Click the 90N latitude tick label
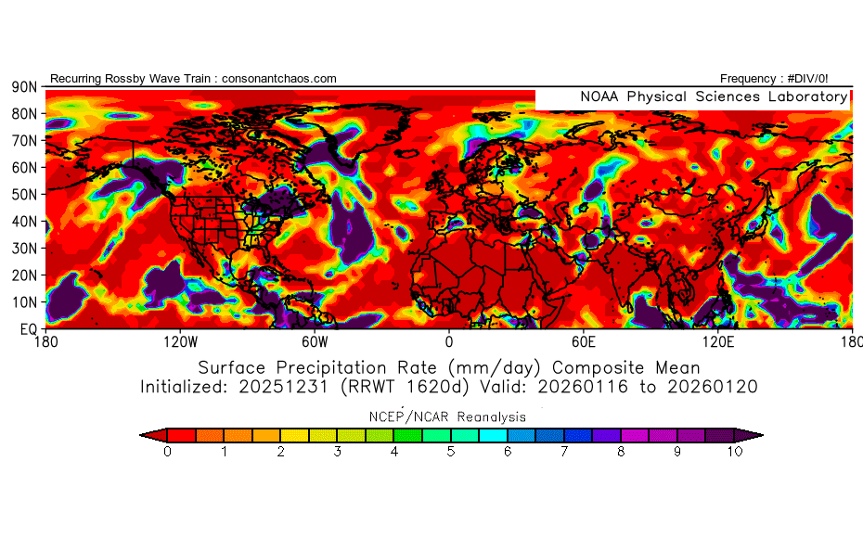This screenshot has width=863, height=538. pyautogui.click(x=24, y=86)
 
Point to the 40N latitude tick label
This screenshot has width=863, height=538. pyautogui.click(x=24, y=221)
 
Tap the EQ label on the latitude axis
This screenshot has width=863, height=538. pyautogui.click(x=28, y=328)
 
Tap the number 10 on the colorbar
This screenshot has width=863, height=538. pyautogui.click(x=734, y=452)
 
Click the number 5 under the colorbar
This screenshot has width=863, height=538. pyautogui.click(x=451, y=452)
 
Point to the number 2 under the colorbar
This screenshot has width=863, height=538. pyautogui.click(x=280, y=452)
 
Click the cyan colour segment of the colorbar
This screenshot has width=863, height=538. pyautogui.click(x=494, y=434)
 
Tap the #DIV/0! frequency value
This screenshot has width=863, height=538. pyautogui.click(x=806, y=79)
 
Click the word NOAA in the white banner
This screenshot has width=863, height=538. pyautogui.click(x=599, y=96)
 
